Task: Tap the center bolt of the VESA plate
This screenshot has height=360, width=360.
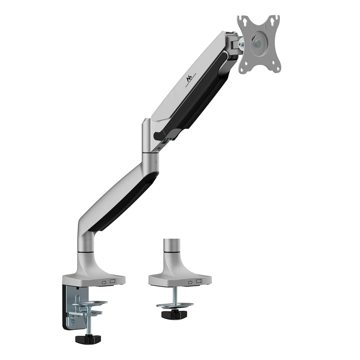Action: [x=258, y=44]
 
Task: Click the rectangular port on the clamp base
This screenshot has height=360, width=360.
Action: [x=112, y=282]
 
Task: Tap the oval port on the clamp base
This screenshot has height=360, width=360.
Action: [x=104, y=282]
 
